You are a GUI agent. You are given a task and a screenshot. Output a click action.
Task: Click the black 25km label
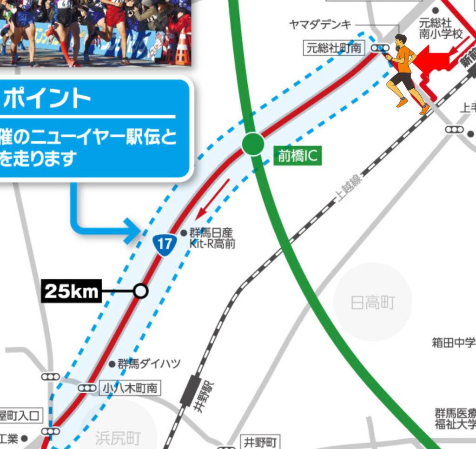pos(73,291)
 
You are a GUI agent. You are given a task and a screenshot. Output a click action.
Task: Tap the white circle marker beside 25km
pos(140,291)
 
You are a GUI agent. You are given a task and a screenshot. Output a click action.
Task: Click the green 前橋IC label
pos(297,157)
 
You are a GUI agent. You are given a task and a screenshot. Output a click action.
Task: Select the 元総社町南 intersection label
pos(334,48)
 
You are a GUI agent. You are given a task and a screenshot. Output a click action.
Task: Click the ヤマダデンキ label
pos(320,25)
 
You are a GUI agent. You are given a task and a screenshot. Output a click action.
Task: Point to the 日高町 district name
pos(372,303)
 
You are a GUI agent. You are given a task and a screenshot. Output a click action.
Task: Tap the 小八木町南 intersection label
pos(130,388)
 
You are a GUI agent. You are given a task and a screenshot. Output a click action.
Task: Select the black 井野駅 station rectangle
pos(190,390)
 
